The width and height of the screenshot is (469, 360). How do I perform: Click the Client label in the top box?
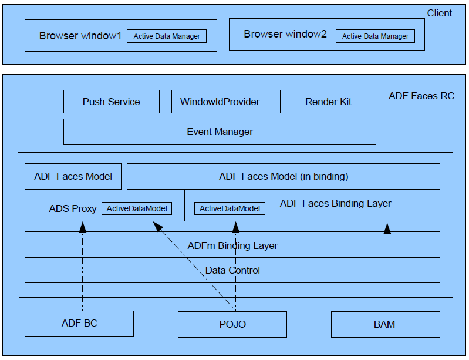[439, 13]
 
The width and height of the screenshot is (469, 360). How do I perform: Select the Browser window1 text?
[80, 36]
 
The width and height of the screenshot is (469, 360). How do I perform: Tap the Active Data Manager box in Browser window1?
[167, 36]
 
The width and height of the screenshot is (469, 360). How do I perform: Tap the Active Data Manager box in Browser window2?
[375, 36]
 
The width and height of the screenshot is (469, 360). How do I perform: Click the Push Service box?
[111, 102]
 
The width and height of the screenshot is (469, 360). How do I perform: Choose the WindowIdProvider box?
[220, 102]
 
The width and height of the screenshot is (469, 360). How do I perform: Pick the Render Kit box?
[328, 102]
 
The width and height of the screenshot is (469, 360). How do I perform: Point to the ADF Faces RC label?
[421, 96]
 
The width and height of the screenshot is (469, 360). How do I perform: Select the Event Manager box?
[220, 132]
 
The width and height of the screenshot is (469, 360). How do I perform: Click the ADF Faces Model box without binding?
[73, 176]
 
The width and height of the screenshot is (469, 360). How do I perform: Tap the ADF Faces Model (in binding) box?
[284, 176]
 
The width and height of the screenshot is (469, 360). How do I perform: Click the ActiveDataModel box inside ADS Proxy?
[137, 208]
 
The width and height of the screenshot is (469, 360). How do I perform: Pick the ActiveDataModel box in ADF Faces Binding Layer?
[229, 208]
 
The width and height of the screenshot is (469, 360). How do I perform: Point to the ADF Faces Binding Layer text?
[335, 204]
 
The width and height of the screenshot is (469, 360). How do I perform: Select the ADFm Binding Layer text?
[232, 245]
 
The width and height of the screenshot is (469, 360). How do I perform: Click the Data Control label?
[232, 270]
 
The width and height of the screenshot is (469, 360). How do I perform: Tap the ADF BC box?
[79, 324]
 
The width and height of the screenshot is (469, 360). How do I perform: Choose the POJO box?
[232, 324]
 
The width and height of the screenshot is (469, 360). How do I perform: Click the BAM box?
[386, 324]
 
